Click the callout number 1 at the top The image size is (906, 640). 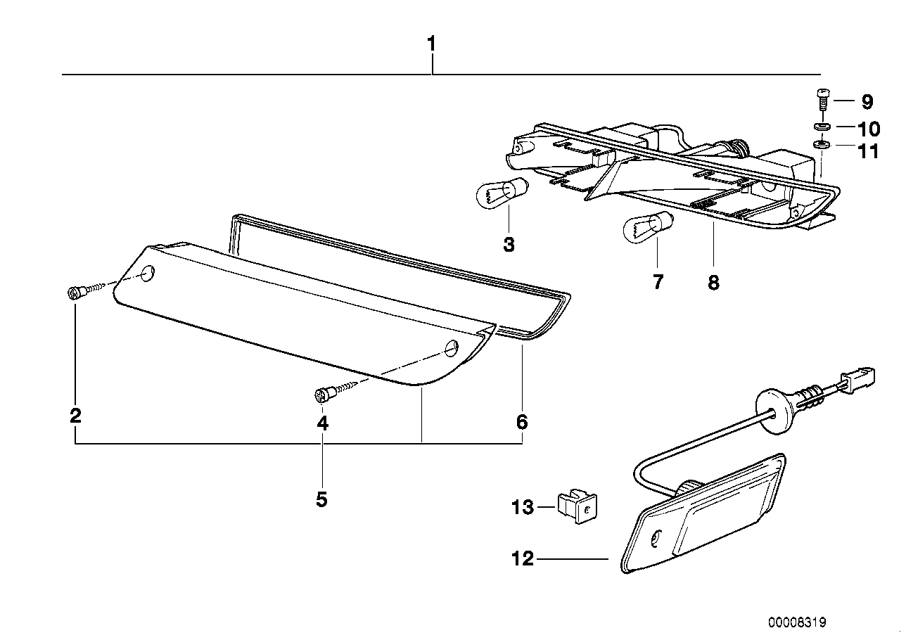[431, 44]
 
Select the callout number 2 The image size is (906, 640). [75, 415]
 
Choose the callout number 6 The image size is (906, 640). [521, 422]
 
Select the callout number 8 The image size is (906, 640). [713, 282]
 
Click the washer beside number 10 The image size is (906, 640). [821, 127]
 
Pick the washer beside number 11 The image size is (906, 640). [821, 146]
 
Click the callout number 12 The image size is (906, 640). [523, 560]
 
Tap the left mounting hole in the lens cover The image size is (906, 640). [148, 273]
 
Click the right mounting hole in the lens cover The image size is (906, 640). [451, 347]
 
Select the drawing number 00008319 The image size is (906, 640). [797, 622]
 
